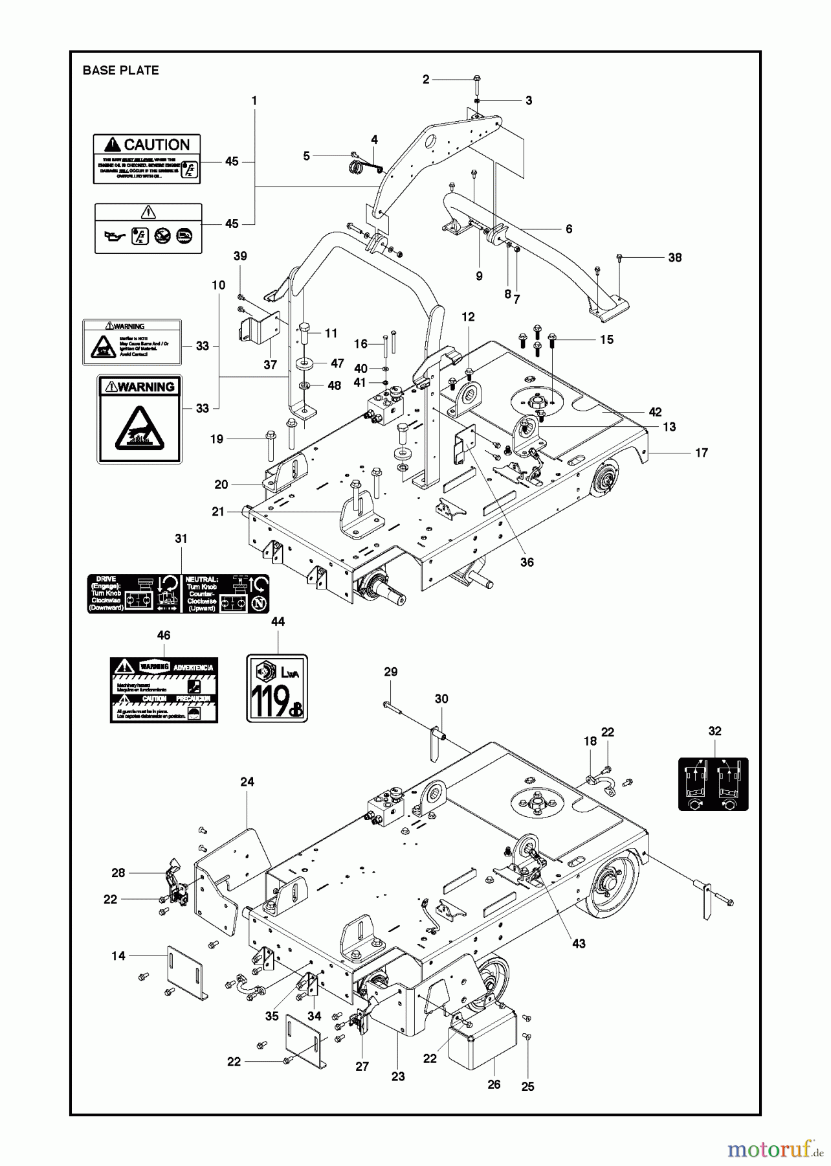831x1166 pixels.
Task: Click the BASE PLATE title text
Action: [120, 71]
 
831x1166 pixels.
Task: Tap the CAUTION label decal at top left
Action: [146, 159]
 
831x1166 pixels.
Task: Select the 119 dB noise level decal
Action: [277, 688]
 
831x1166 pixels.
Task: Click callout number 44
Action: [278, 621]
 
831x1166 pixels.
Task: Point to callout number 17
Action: [702, 453]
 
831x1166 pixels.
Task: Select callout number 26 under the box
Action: [494, 1084]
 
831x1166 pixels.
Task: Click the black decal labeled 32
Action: [713, 784]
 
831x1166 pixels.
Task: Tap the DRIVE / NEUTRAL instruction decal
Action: [178, 593]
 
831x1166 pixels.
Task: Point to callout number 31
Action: [181, 538]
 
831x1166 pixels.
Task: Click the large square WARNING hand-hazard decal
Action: [139, 419]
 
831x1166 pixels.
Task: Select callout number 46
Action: [164, 635]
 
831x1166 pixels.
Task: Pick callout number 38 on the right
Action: [675, 257]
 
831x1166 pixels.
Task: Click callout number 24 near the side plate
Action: [247, 782]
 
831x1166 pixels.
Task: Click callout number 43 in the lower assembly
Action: [579, 944]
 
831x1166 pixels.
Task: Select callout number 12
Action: [468, 317]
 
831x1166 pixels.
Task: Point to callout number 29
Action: [390, 672]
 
